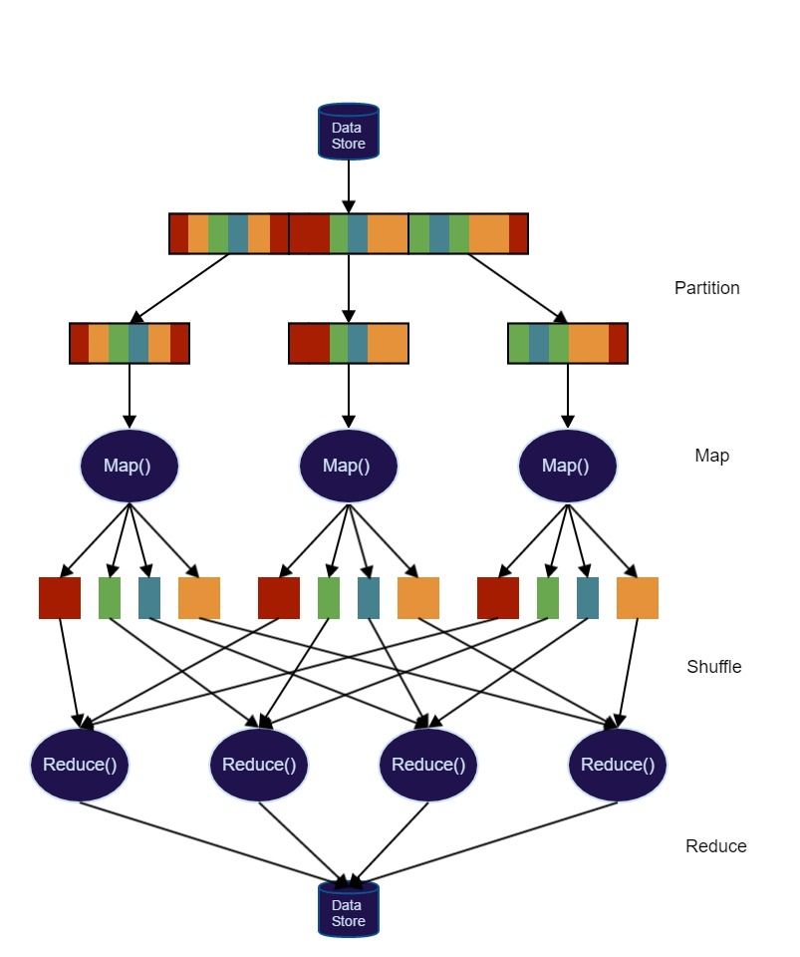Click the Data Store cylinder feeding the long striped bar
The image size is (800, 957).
[x=348, y=132]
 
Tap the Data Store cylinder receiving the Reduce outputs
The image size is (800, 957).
[x=348, y=909]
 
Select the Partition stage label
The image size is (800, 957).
[x=706, y=288]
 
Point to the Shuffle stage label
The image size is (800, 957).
[x=713, y=667]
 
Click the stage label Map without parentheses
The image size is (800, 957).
[x=711, y=456]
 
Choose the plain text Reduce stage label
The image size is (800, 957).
[x=715, y=846]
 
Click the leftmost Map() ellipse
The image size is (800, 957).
[x=129, y=466]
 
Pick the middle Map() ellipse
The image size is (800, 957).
[x=348, y=466]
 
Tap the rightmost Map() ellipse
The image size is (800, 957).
[x=567, y=466]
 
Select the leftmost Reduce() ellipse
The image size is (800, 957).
[x=80, y=765]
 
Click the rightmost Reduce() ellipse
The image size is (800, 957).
[x=617, y=765]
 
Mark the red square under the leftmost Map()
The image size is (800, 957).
[x=60, y=598]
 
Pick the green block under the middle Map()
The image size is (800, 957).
[x=329, y=598]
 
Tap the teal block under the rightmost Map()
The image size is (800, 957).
[x=588, y=598]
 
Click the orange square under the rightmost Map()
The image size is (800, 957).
[x=637, y=598]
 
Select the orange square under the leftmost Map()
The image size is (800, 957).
[x=198, y=598]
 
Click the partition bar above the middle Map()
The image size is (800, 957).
[x=348, y=343]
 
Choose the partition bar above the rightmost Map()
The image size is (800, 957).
[x=567, y=343]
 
